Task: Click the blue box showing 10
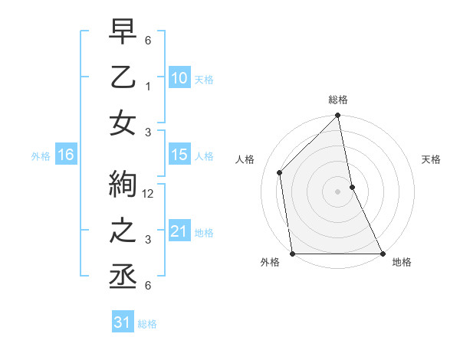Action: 179,78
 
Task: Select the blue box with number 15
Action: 179,155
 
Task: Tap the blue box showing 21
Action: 179,231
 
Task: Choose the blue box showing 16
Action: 66,155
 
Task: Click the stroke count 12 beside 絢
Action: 149,194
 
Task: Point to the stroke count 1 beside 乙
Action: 149,86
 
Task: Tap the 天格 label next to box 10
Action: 204,80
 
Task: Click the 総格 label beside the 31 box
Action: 147,324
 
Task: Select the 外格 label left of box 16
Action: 41,156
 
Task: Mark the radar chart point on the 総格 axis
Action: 337,116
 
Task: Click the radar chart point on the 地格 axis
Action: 382,254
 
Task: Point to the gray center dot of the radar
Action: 337,191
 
